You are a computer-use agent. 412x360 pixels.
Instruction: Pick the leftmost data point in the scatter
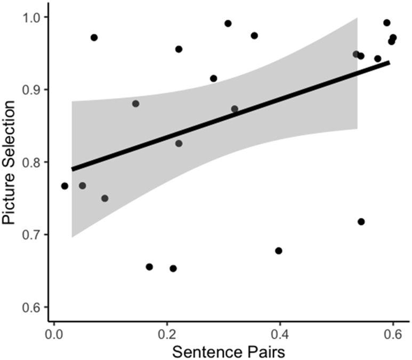tap(64, 186)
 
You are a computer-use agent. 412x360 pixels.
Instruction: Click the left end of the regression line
tap(72, 170)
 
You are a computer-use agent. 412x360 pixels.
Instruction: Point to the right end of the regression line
tap(390, 62)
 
